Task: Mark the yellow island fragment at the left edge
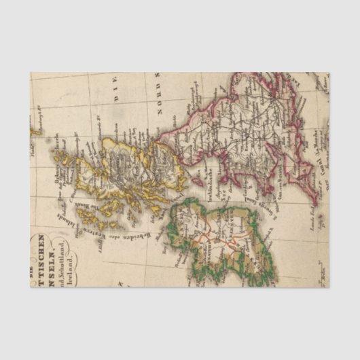pos(32,125)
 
